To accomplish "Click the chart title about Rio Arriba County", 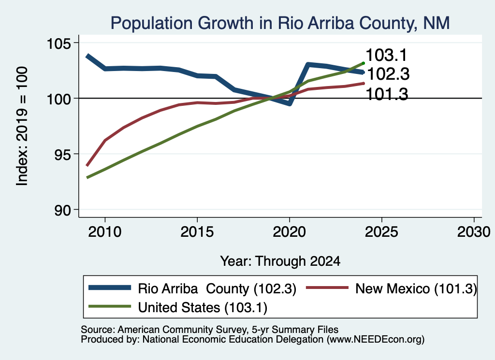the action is point(280,23).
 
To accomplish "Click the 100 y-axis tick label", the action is point(58,99).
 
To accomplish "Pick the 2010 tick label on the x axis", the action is point(105,232).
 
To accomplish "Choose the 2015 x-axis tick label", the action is point(197,232).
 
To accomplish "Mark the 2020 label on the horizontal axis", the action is point(289,232).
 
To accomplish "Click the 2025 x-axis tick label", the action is point(381,232).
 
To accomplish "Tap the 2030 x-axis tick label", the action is point(474,232).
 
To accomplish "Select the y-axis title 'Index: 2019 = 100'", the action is point(22,126).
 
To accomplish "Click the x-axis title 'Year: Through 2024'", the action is point(280,261).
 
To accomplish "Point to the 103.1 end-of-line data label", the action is point(387,55).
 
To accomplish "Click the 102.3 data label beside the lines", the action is point(388,74).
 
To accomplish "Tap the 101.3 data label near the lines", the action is point(387,94).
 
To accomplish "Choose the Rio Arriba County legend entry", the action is point(192,288).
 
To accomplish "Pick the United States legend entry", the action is point(178,307).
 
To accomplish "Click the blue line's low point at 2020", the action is point(289,103).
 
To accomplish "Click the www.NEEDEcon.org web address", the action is point(375,340).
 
